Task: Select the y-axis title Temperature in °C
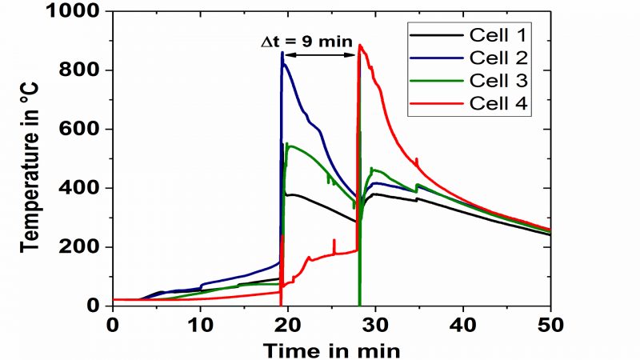pyautogui.click(x=32, y=160)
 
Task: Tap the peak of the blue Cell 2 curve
pyautogui.click(x=282, y=54)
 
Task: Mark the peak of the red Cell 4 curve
pyautogui.click(x=361, y=46)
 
